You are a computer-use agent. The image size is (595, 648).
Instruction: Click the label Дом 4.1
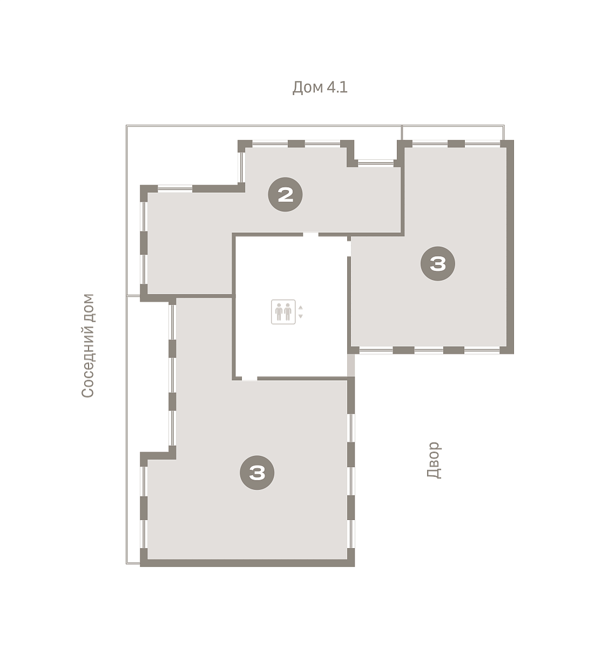(x=320, y=87)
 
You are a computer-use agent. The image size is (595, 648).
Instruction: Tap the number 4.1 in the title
(x=337, y=87)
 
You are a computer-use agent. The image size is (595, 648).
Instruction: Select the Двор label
(x=434, y=460)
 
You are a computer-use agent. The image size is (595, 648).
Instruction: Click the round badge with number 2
(x=285, y=194)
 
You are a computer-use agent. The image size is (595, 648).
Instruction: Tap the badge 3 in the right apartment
(x=438, y=264)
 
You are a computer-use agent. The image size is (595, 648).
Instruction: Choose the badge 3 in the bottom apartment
(x=257, y=473)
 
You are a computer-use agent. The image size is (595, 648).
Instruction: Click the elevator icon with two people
(x=283, y=312)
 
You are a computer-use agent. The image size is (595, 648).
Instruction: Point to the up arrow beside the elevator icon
(x=300, y=307)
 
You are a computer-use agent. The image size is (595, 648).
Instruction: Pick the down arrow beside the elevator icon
(x=300, y=316)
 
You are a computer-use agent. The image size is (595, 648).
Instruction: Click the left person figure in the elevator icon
(x=279, y=312)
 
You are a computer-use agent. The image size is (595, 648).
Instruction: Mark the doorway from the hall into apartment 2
(x=311, y=234)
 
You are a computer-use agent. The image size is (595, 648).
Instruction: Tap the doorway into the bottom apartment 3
(x=249, y=378)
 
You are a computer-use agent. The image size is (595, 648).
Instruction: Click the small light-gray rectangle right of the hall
(x=351, y=365)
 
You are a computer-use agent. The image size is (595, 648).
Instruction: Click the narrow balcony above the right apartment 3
(x=453, y=133)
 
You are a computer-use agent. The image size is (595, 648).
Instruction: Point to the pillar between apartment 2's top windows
(x=296, y=144)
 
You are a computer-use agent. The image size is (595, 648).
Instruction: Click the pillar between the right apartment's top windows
(x=456, y=144)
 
